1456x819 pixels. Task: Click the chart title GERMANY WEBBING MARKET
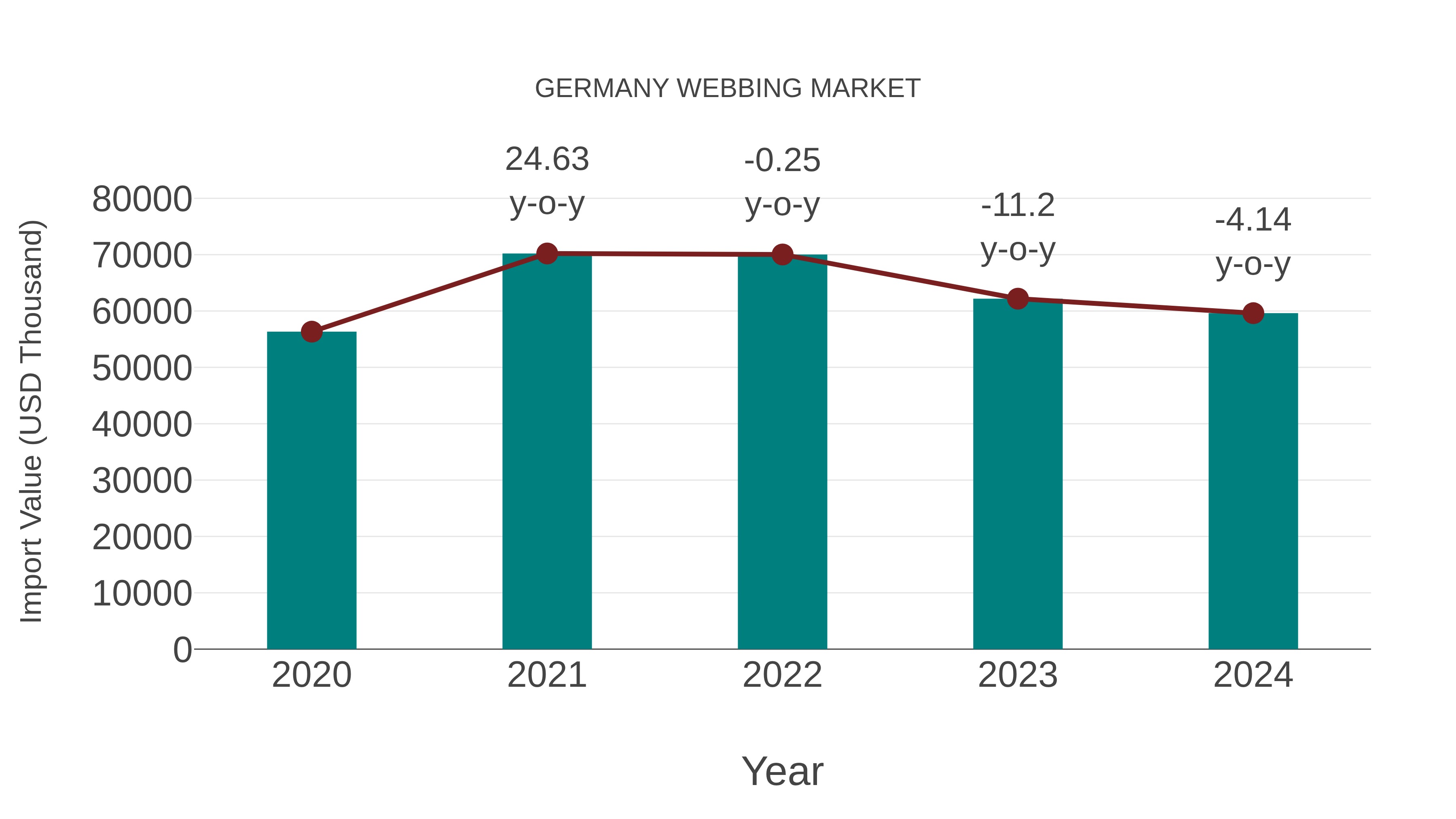pyautogui.click(x=728, y=89)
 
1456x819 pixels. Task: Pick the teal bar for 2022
pyautogui.click(x=782, y=452)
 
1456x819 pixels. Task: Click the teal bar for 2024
pyautogui.click(x=1253, y=481)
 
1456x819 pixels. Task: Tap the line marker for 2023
pyautogui.click(x=1018, y=298)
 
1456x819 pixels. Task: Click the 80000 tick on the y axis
pyautogui.click(x=142, y=199)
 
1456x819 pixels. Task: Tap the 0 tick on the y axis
pyautogui.click(x=182, y=650)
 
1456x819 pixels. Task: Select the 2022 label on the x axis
pyautogui.click(x=782, y=675)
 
